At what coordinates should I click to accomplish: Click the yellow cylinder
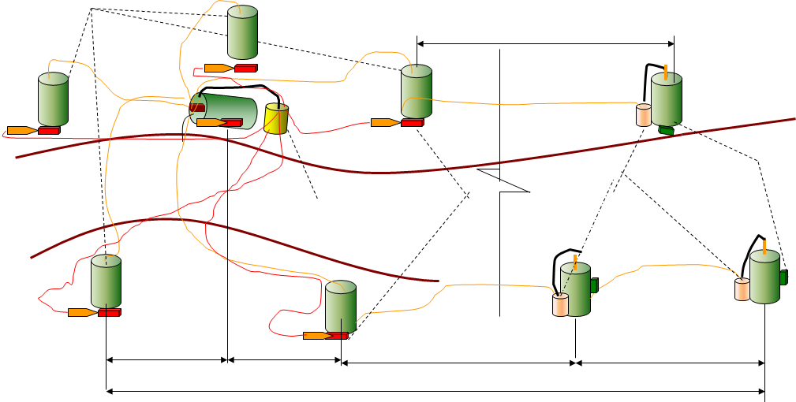pos(276,118)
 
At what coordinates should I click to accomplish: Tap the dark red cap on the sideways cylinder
pos(196,109)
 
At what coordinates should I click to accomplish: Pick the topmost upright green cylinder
pos(243,32)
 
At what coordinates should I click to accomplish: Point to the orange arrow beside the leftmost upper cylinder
pos(21,130)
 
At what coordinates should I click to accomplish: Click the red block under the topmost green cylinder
pos(245,69)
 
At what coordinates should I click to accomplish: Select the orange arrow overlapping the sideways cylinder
pos(211,123)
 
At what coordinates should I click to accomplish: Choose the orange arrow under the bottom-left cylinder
pos(82,312)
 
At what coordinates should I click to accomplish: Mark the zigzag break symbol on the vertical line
pos(500,181)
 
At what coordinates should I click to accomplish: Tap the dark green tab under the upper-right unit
pos(667,129)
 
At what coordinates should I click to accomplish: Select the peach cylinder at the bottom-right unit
pos(742,289)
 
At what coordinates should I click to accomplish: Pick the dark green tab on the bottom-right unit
pos(783,277)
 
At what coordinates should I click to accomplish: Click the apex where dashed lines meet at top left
pos(92,9)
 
